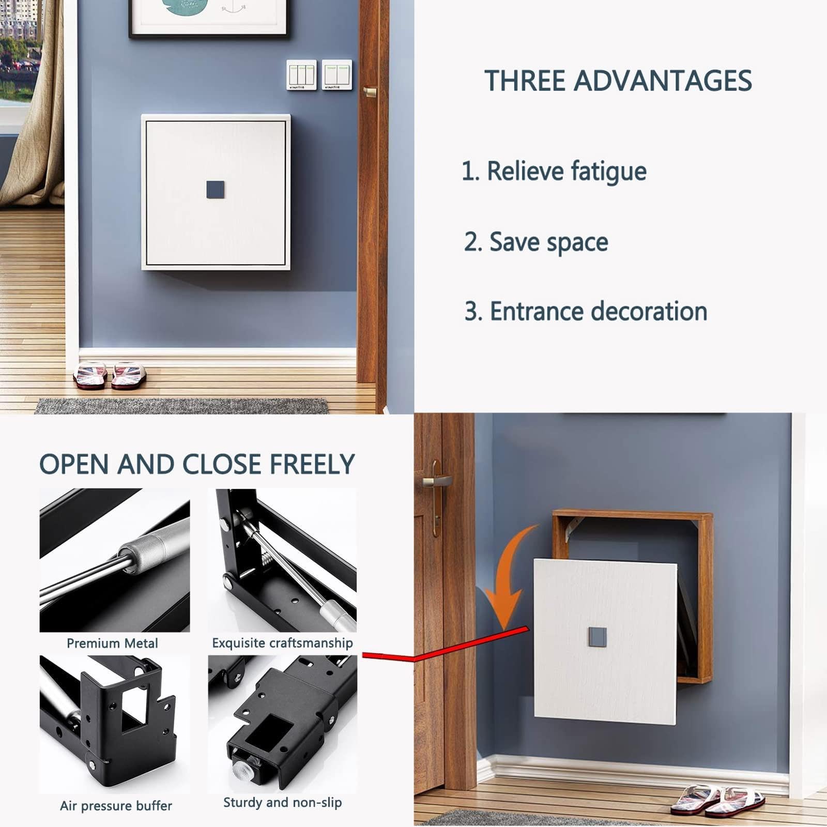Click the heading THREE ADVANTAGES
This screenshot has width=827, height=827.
coord(618,81)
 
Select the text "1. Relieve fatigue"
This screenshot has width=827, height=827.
coord(554,171)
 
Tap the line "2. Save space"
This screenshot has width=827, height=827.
coord(536,242)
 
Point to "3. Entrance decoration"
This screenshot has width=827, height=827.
coord(586,311)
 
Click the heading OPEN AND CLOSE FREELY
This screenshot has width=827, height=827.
coord(197,464)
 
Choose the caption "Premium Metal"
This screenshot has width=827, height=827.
coord(112,643)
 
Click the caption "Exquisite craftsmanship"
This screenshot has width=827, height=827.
coord(282,643)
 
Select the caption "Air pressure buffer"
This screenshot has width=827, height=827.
coord(116,806)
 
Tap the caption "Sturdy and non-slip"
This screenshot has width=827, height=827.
coord(282,803)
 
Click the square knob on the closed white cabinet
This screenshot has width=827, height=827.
coord(214,189)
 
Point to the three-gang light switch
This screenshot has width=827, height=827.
coord(302,75)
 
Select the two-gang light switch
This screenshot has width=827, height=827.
coord(337,75)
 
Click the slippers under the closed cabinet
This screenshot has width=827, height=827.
coord(105,374)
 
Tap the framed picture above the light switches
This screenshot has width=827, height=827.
coord(208,19)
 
